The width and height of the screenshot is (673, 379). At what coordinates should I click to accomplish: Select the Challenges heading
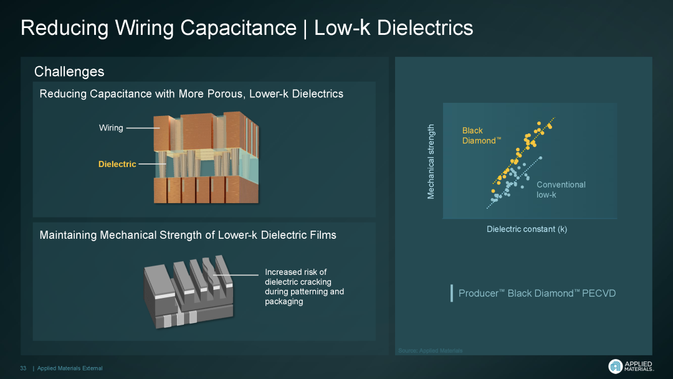[x=69, y=72]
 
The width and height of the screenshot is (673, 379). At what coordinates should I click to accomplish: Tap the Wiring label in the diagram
[x=111, y=128]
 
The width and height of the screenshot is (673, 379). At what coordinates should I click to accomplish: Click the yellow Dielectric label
[x=117, y=165]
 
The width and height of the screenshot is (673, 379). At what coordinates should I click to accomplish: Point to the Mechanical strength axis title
[x=431, y=161]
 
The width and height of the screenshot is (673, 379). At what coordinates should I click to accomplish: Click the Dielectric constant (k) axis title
[x=527, y=229]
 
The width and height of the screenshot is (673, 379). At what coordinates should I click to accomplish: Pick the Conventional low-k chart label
[x=561, y=189]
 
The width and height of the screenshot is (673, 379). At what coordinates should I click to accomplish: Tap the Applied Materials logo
[x=631, y=366]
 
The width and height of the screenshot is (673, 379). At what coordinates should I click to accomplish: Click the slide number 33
[x=23, y=368]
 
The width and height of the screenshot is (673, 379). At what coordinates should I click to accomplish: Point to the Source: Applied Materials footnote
[x=430, y=350]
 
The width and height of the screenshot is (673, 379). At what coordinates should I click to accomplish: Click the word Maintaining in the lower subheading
[x=68, y=235]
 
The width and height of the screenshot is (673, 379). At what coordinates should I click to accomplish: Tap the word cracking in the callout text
[x=304, y=282]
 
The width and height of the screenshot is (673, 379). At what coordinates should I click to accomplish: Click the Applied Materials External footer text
[x=70, y=368]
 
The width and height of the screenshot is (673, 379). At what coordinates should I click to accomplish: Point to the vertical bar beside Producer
[x=452, y=293]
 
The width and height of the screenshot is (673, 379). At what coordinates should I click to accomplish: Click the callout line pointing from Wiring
[x=143, y=128]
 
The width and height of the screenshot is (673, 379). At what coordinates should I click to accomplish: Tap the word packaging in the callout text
[x=284, y=302]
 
